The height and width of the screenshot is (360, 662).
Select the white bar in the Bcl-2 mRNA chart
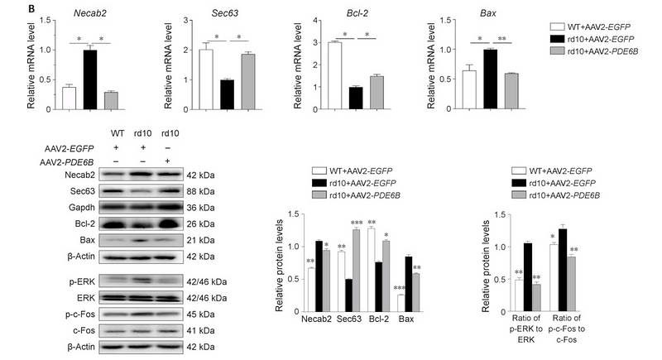pyautogui.click(x=334, y=75)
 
